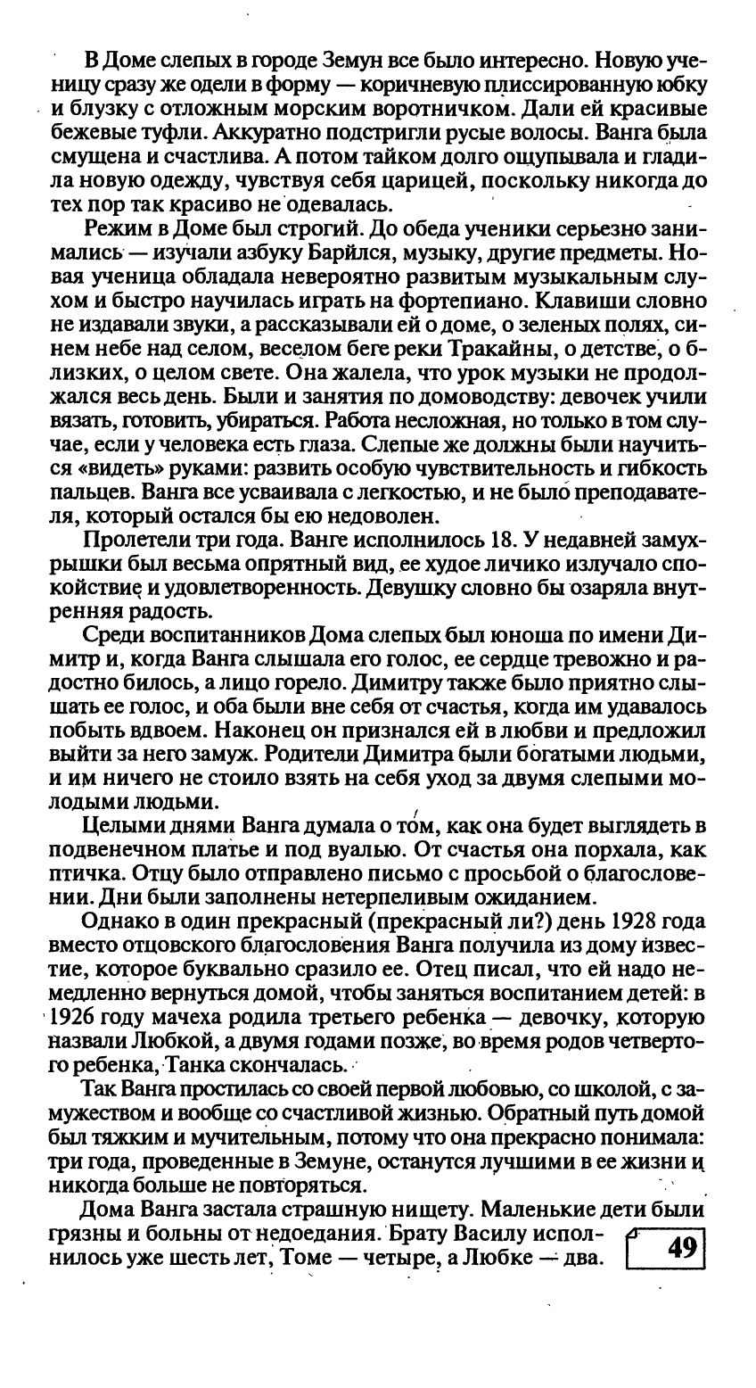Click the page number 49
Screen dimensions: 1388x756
pos(680,1247)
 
